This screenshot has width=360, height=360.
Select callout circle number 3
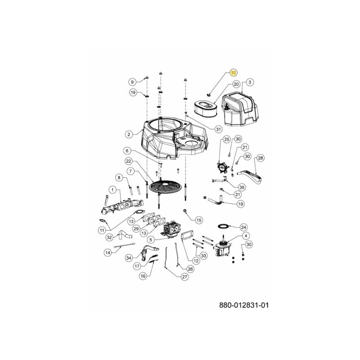coord(250,82)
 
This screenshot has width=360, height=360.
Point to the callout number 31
coord(219,129)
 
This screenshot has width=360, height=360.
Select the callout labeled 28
coord(260,158)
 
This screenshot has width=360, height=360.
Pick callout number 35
coord(242,187)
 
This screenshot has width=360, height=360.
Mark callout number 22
coord(128,161)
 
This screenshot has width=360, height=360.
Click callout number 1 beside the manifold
coord(112,190)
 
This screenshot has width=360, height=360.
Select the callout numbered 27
coord(184,277)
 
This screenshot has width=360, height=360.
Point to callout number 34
coord(129,257)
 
